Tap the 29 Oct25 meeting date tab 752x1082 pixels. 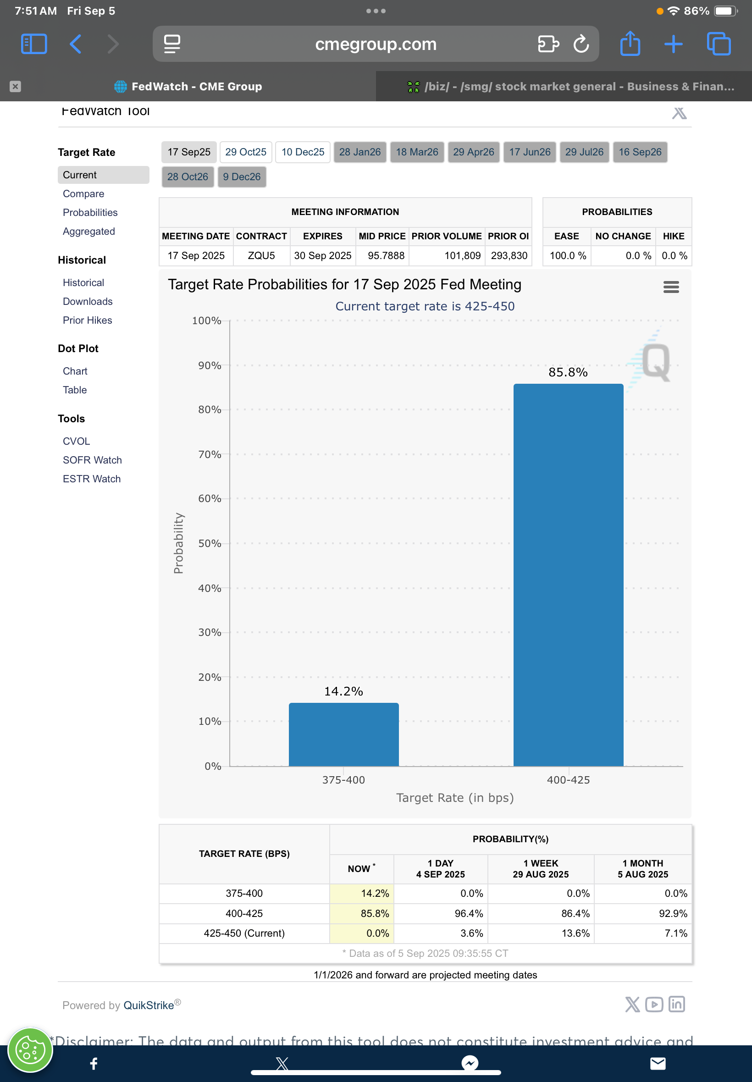[x=245, y=152]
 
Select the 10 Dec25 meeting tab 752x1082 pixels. [x=303, y=152]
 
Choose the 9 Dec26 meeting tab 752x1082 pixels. [x=241, y=177]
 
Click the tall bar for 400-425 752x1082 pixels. [x=568, y=574]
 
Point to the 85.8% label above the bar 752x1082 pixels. [x=568, y=372]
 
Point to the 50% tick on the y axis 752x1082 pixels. [x=210, y=543]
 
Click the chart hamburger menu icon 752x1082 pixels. [x=671, y=287]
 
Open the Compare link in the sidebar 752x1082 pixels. [x=83, y=193]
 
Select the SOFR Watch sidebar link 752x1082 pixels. [x=92, y=460]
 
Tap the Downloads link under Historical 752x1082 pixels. [x=88, y=302]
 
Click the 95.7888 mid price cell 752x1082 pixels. [x=386, y=256]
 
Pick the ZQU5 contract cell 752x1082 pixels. [x=261, y=256]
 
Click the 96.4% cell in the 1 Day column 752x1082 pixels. [x=468, y=913]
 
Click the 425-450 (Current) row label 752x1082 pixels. [x=244, y=933]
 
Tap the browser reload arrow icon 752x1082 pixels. [x=581, y=44]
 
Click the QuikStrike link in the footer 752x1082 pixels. [x=149, y=1005]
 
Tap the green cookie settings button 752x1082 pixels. [x=30, y=1050]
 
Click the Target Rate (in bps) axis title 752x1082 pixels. [x=455, y=797]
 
